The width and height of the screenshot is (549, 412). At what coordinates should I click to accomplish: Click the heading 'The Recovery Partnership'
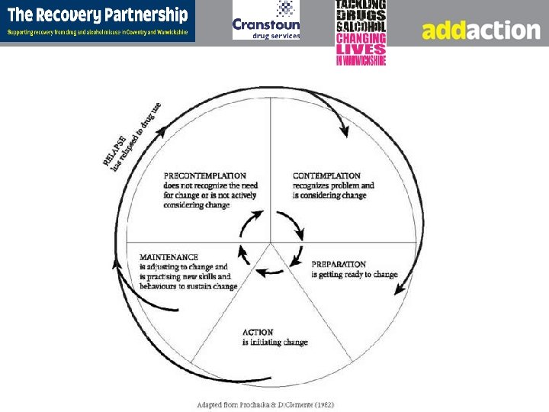(x=97, y=14)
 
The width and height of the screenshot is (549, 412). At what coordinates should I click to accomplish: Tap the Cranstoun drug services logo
(x=266, y=21)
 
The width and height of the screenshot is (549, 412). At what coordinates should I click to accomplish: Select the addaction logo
(x=480, y=30)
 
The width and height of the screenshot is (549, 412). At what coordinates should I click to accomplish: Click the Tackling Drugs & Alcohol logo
(x=361, y=32)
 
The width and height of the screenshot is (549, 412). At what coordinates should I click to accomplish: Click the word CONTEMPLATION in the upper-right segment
(x=326, y=175)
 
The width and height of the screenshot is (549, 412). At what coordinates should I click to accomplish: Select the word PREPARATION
(x=339, y=264)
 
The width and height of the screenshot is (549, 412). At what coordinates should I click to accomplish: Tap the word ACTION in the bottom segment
(x=258, y=332)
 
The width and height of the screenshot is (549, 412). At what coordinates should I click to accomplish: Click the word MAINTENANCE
(x=169, y=257)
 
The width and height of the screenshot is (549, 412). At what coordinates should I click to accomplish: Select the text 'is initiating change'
(x=275, y=343)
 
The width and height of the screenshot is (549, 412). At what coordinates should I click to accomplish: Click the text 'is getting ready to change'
(x=355, y=275)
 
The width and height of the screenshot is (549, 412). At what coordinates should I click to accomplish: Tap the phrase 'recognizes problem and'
(x=333, y=185)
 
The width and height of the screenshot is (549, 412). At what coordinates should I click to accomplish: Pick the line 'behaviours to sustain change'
(x=188, y=286)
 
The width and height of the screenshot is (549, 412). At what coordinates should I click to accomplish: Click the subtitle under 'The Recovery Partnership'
(x=97, y=32)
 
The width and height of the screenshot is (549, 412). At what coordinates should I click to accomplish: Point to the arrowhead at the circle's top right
(x=343, y=130)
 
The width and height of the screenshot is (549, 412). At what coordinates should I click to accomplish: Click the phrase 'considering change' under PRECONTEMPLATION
(x=196, y=205)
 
